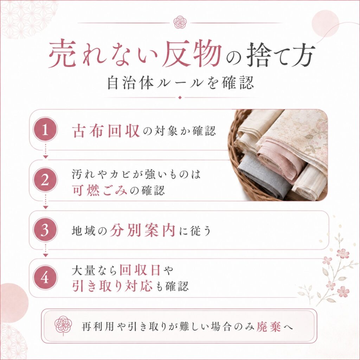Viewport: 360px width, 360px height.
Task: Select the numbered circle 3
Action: point(45,230)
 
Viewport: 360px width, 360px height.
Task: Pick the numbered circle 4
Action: point(45,278)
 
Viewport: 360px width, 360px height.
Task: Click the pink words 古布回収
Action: point(106,131)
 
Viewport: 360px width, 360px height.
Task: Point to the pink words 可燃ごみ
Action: point(100,190)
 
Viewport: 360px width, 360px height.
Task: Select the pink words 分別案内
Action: point(142,230)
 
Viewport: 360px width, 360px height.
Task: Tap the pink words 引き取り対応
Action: point(112,286)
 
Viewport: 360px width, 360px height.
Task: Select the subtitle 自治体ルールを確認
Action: point(180,83)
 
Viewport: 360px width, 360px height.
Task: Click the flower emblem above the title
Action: point(180,22)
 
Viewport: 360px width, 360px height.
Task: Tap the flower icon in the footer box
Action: point(63,326)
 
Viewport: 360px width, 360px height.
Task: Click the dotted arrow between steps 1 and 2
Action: point(45,151)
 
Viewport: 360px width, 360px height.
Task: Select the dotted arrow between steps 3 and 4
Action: point(45,250)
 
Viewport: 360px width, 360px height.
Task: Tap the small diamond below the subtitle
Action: point(180,98)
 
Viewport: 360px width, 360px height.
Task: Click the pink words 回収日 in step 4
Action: point(140,270)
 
